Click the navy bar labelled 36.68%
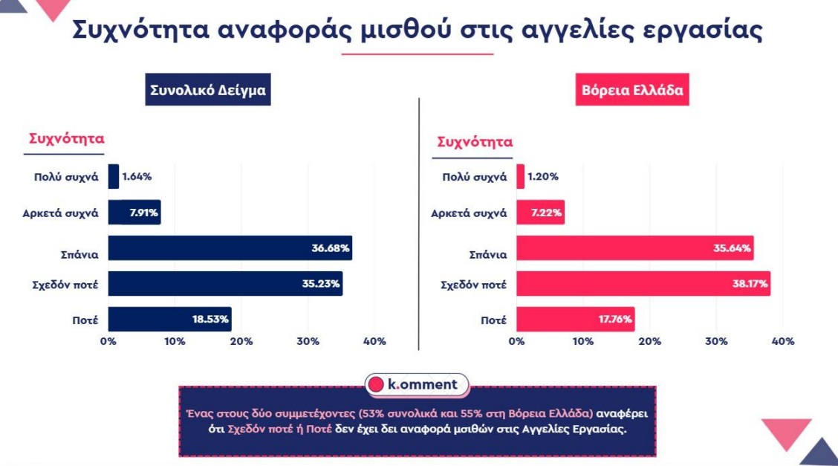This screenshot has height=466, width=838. pos(230,247)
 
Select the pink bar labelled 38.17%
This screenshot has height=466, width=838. pos(643,283)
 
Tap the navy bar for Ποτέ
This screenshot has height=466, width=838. pos(169,319)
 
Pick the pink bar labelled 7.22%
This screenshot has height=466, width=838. pos(540,213)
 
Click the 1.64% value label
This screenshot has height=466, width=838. pos(137,176)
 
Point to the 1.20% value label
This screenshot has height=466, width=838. pos(543,176)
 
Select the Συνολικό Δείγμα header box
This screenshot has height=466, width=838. pos(208,91)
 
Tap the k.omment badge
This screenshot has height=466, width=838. pos(418,384)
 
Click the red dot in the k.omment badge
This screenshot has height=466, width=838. pos(377,384)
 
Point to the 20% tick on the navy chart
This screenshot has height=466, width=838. pos(241,341)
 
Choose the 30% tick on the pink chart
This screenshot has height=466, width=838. pos(716,341)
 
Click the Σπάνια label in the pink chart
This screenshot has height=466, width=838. pos(488,254)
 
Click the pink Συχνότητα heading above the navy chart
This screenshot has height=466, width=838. pos(66,139)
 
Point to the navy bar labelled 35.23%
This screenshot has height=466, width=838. pos(225,283)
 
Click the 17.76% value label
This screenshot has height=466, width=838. pos(614,319)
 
